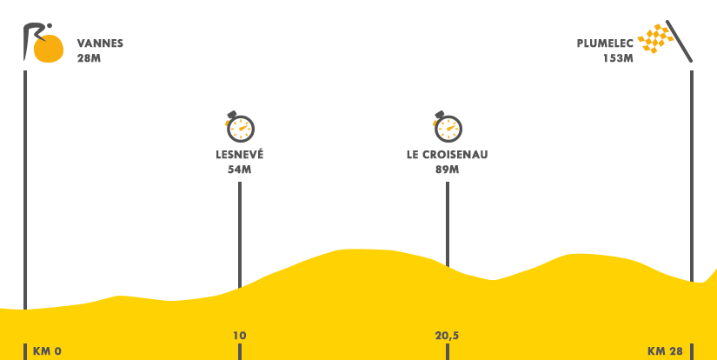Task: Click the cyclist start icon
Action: coord(43,43)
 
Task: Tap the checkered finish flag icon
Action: coord(666,41)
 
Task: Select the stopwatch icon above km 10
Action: coord(240,127)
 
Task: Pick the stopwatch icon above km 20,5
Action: coord(448,127)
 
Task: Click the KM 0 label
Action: coord(46,351)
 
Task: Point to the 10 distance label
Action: coord(240,336)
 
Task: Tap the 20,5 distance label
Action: coord(447,336)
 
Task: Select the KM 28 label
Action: coord(665,351)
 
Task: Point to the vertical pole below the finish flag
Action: coord(692,174)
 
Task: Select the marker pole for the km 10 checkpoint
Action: coord(239,235)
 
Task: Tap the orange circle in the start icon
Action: coord(49,48)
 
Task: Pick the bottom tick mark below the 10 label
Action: coord(239,351)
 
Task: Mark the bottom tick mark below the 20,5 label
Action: coord(447,351)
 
